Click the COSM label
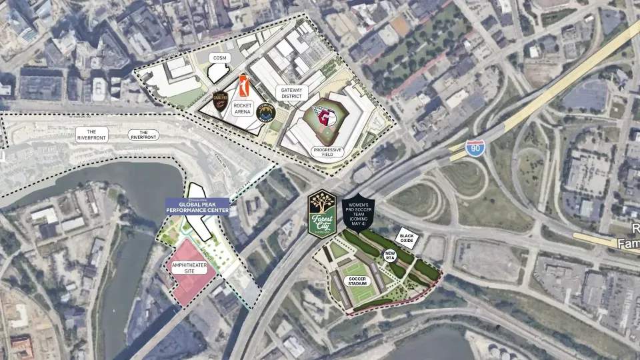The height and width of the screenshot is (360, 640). (219, 59)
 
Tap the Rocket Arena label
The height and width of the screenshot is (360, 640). (242, 109)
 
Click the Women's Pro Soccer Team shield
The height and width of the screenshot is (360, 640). (358, 215)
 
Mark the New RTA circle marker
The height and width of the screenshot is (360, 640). (390, 256)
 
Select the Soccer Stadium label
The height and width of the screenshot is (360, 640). (357, 282)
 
